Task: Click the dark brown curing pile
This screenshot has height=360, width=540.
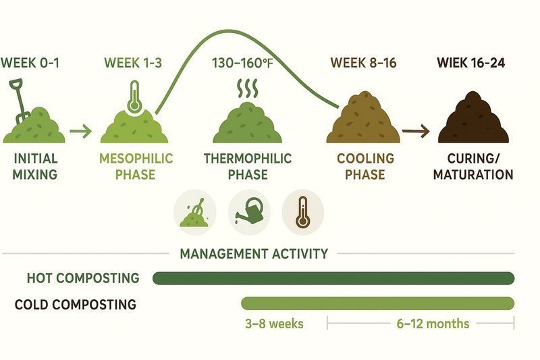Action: (475, 122)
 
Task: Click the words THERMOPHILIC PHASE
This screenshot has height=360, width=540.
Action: (247, 167)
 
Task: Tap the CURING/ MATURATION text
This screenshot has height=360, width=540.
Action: (474, 167)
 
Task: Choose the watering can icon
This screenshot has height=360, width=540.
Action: (248, 211)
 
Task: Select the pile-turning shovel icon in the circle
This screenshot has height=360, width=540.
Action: (194, 211)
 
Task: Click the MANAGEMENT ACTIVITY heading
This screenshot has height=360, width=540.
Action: (254, 254)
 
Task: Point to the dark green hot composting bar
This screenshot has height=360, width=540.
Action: (333, 278)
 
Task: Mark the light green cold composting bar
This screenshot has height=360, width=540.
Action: (377, 303)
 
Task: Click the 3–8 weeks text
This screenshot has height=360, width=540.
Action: (274, 324)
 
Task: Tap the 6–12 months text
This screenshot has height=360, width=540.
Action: (433, 324)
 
